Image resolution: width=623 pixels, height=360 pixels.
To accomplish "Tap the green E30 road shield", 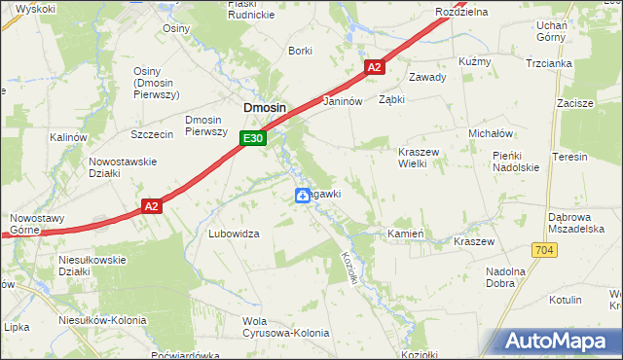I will click(x=253, y=139).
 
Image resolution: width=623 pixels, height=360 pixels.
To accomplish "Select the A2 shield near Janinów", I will click(x=376, y=67).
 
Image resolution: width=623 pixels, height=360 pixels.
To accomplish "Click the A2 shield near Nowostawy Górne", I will click(x=150, y=206).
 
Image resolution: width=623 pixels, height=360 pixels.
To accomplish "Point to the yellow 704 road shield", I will click(x=544, y=250).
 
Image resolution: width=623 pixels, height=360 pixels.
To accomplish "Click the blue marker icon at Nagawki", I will click(x=303, y=197).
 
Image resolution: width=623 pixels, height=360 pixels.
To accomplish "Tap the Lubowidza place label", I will click(x=234, y=234).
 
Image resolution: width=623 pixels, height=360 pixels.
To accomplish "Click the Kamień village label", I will click(x=404, y=234).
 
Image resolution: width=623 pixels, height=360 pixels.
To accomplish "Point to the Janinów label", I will click(x=343, y=100).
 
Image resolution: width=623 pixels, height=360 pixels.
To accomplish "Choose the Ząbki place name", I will click(x=391, y=99).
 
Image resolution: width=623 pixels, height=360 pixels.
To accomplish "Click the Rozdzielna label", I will click(x=461, y=11).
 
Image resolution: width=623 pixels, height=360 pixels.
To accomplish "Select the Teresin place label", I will click(x=569, y=157).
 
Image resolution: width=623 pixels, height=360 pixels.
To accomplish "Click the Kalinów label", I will click(x=69, y=138).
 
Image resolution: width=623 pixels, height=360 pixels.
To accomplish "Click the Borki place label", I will click(x=300, y=51).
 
